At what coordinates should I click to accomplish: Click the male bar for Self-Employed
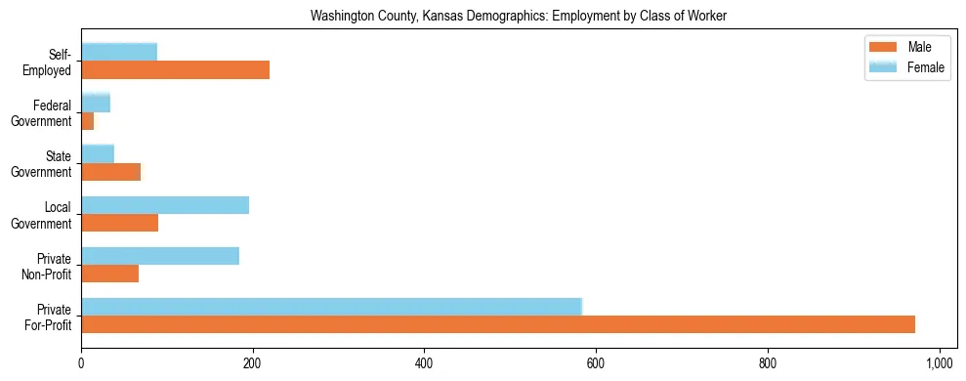coord(175,70)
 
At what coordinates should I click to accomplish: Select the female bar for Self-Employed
coord(119,52)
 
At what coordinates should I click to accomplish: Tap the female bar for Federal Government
coord(96,103)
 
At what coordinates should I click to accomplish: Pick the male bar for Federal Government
coord(88,121)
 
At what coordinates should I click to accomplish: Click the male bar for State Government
coord(110,172)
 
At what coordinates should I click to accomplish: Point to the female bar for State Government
coord(98,153)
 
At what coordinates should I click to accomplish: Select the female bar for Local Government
coord(165,204)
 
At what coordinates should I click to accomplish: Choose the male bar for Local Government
coord(119,223)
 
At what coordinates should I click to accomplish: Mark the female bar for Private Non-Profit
coord(160,256)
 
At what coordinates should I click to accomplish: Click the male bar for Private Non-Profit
coord(109,274)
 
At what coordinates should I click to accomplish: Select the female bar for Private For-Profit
coord(331,307)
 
